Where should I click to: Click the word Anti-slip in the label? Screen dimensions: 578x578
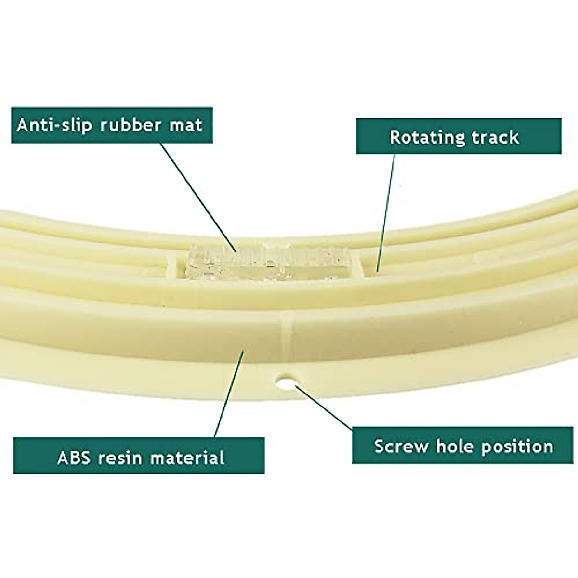click(54, 125)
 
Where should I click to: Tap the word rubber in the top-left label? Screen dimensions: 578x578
click(130, 125)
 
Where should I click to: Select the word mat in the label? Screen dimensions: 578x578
click(185, 125)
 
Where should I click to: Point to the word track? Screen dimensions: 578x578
click(495, 137)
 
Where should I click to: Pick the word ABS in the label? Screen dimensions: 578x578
click(73, 457)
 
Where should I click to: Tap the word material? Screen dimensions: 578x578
click(188, 457)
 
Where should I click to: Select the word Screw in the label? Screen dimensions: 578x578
click(401, 446)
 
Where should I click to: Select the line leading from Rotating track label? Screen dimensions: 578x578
click(386, 212)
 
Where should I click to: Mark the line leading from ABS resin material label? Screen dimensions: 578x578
click(229, 395)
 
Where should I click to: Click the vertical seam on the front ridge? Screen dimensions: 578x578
click(286, 332)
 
